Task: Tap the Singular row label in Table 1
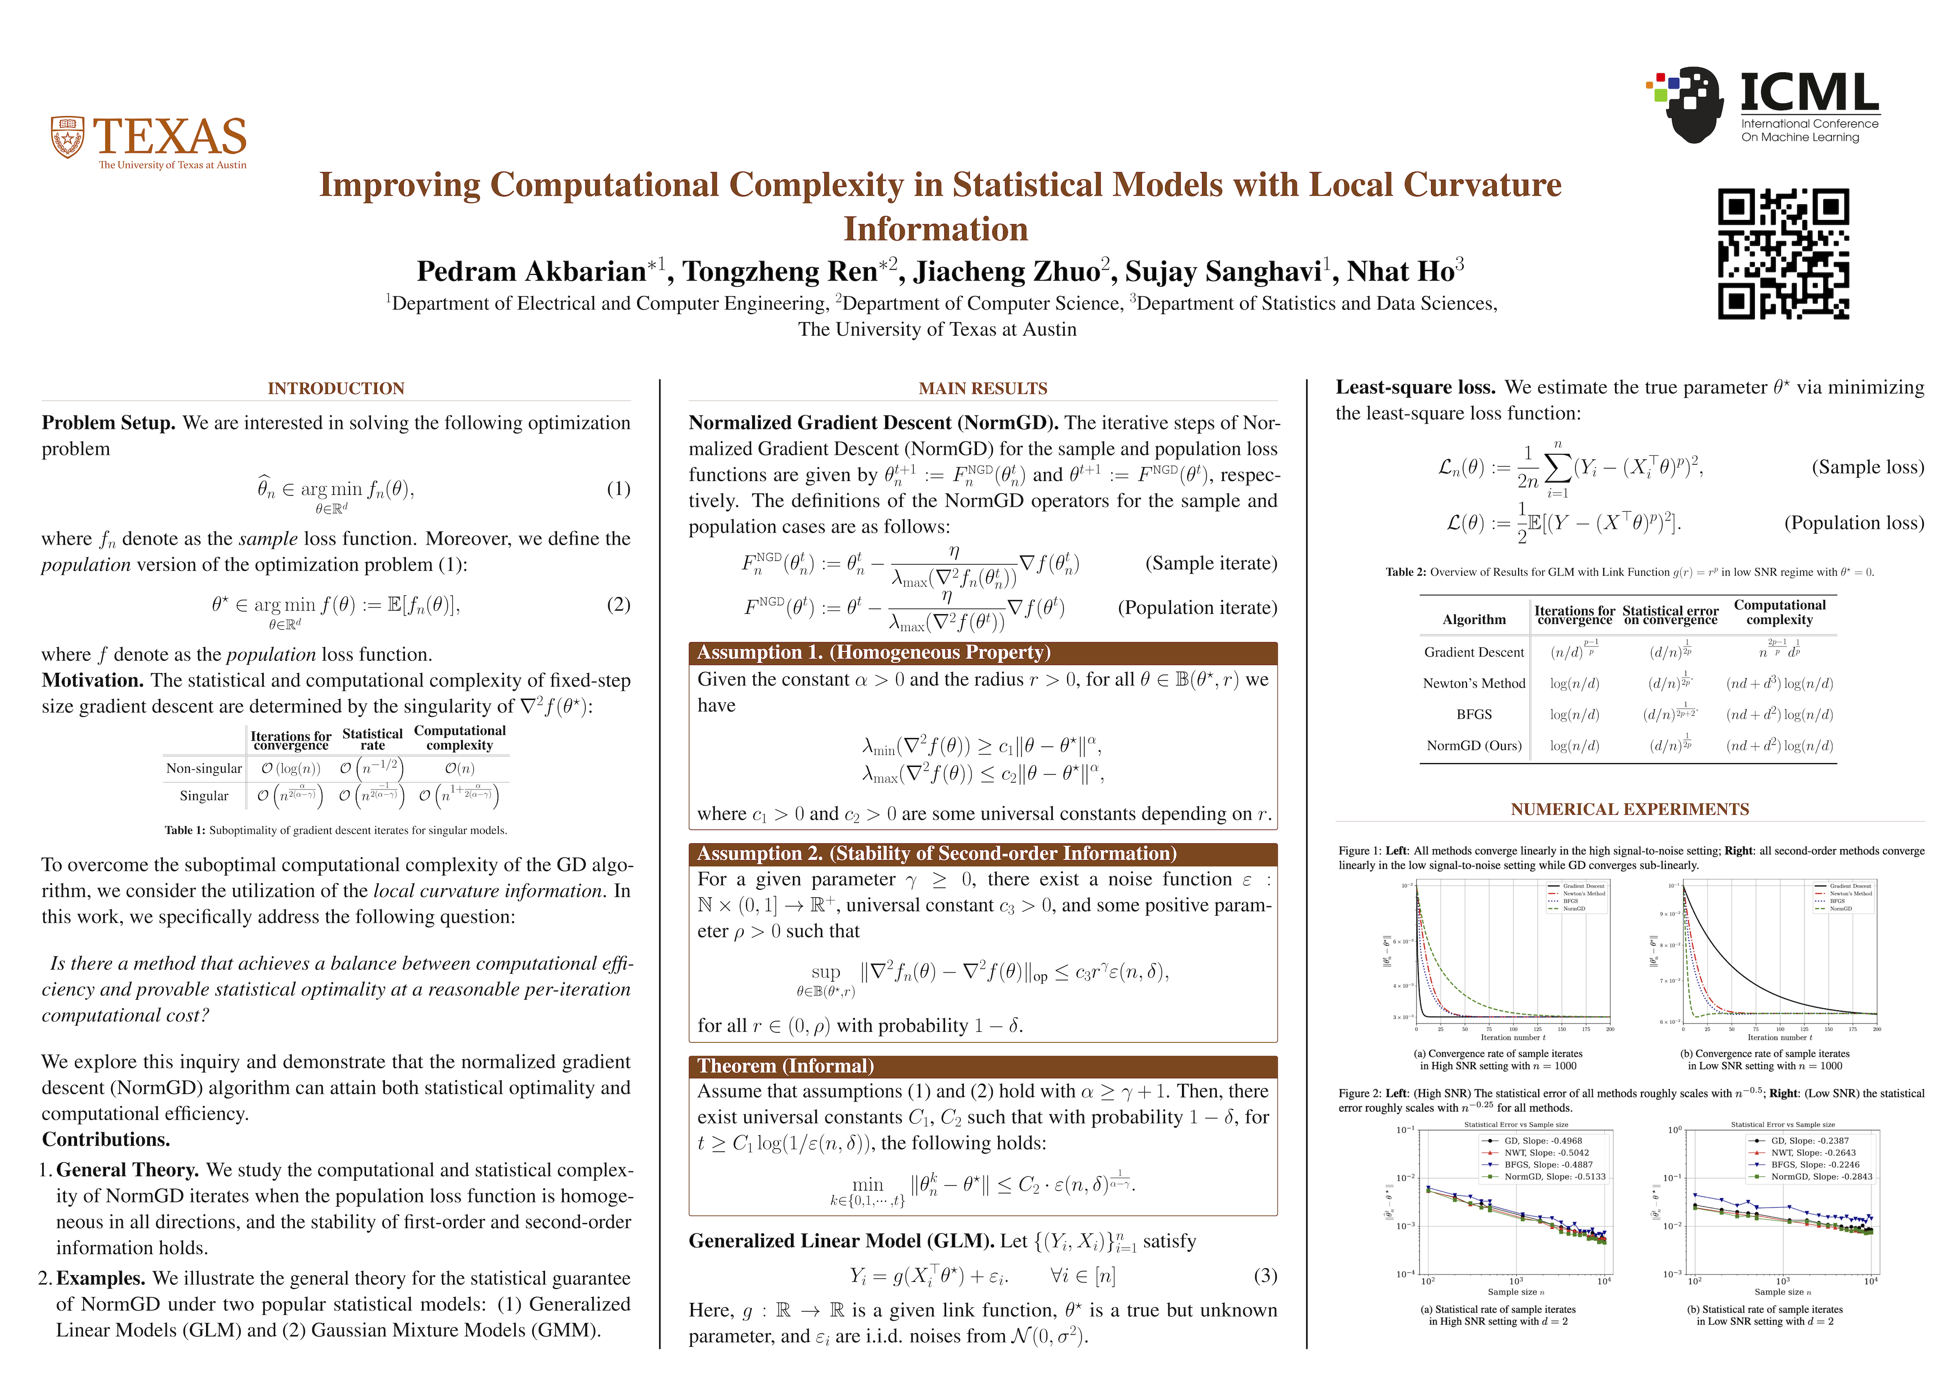[x=204, y=796]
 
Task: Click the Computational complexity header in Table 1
[x=459, y=738]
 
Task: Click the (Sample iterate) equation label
[x=1211, y=564]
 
